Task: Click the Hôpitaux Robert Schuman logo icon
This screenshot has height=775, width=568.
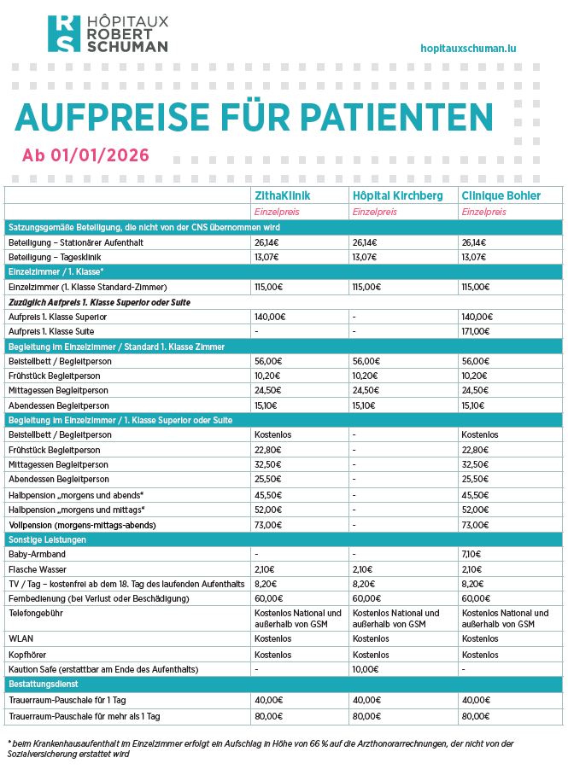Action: (x=63, y=34)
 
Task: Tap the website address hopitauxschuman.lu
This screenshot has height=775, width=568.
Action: (x=469, y=50)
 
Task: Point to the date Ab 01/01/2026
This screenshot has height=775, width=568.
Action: (x=85, y=155)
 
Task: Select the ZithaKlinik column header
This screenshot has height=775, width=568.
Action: (x=282, y=195)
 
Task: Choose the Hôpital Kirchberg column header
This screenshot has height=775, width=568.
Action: (x=397, y=195)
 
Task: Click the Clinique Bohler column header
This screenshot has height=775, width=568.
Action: (x=501, y=195)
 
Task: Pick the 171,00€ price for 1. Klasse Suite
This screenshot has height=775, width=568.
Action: (x=476, y=331)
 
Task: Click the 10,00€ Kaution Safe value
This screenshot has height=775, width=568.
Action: (x=366, y=668)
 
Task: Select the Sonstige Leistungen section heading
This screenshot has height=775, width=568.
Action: (x=47, y=539)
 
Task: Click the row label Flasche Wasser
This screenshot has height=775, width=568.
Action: (x=38, y=569)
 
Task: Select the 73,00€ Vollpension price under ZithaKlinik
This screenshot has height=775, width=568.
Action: (x=268, y=525)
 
